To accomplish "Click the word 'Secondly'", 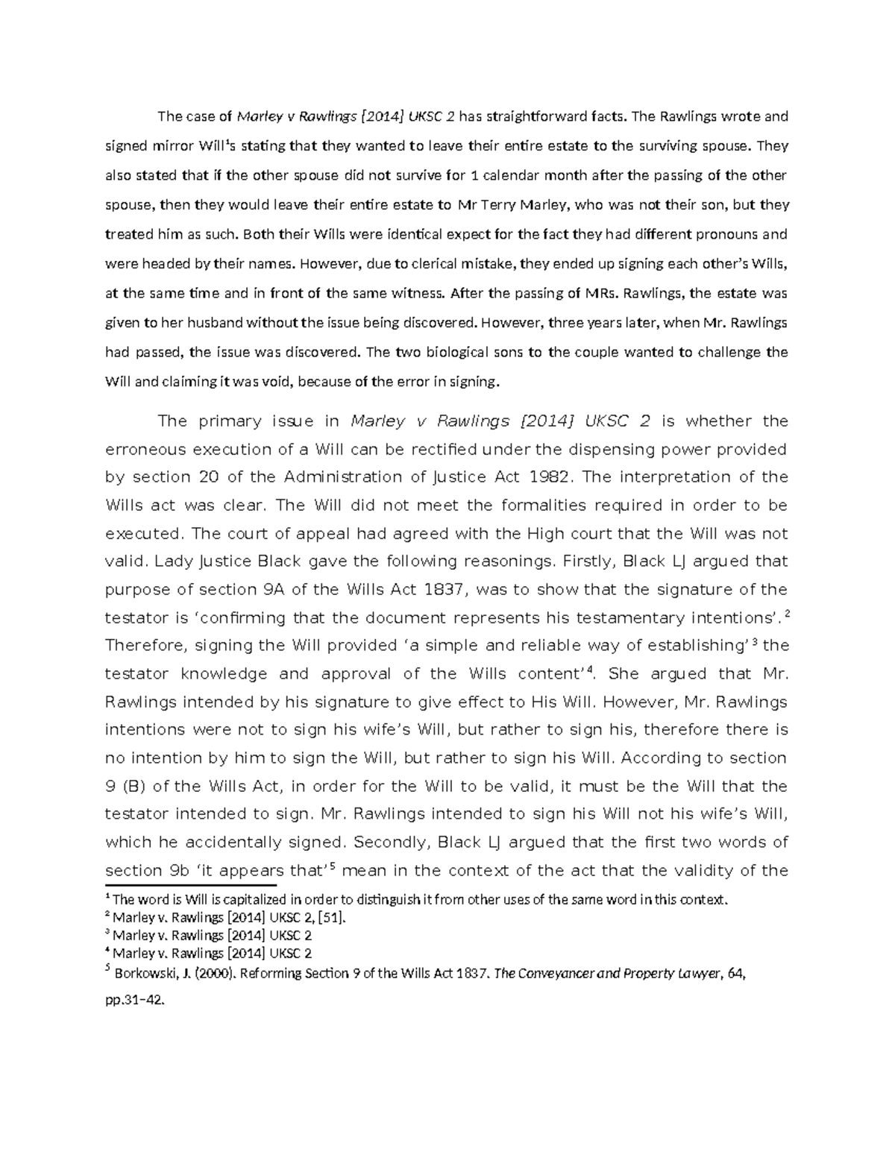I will click(392, 842).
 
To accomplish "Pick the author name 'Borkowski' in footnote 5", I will click(146, 973).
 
